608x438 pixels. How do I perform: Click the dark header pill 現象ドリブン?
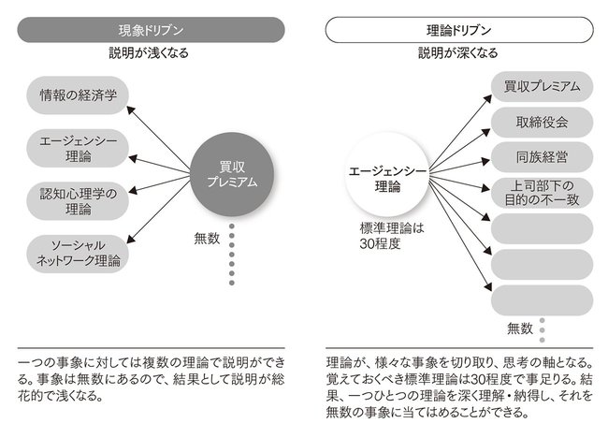click(x=151, y=30)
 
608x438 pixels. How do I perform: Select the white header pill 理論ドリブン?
click(x=459, y=30)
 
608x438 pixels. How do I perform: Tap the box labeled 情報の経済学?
click(x=78, y=95)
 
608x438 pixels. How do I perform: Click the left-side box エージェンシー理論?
click(x=78, y=149)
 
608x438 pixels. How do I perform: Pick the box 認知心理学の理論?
click(x=78, y=201)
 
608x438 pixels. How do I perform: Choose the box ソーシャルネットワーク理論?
click(x=78, y=254)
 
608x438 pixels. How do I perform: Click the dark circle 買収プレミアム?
click(x=232, y=175)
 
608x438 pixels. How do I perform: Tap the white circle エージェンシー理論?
click(x=387, y=175)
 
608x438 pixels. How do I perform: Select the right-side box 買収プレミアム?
click(x=543, y=86)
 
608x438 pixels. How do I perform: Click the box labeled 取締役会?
click(x=543, y=123)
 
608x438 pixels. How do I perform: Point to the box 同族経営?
click(x=543, y=157)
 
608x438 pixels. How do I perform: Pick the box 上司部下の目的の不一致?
click(x=543, y=193)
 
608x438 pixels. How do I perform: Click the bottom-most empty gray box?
click(x=543, y=300)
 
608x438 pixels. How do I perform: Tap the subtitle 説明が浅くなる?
click(x=149, y=52)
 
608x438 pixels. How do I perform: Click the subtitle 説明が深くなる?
click(x=458, y=52)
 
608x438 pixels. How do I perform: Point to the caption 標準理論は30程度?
click(x=392, y=236)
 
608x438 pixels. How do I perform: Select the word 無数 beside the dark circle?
click(x=207, y=239)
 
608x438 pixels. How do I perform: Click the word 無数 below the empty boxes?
click(x=520, y=328)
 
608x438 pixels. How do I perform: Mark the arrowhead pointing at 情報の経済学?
click(x=131, y=109)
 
